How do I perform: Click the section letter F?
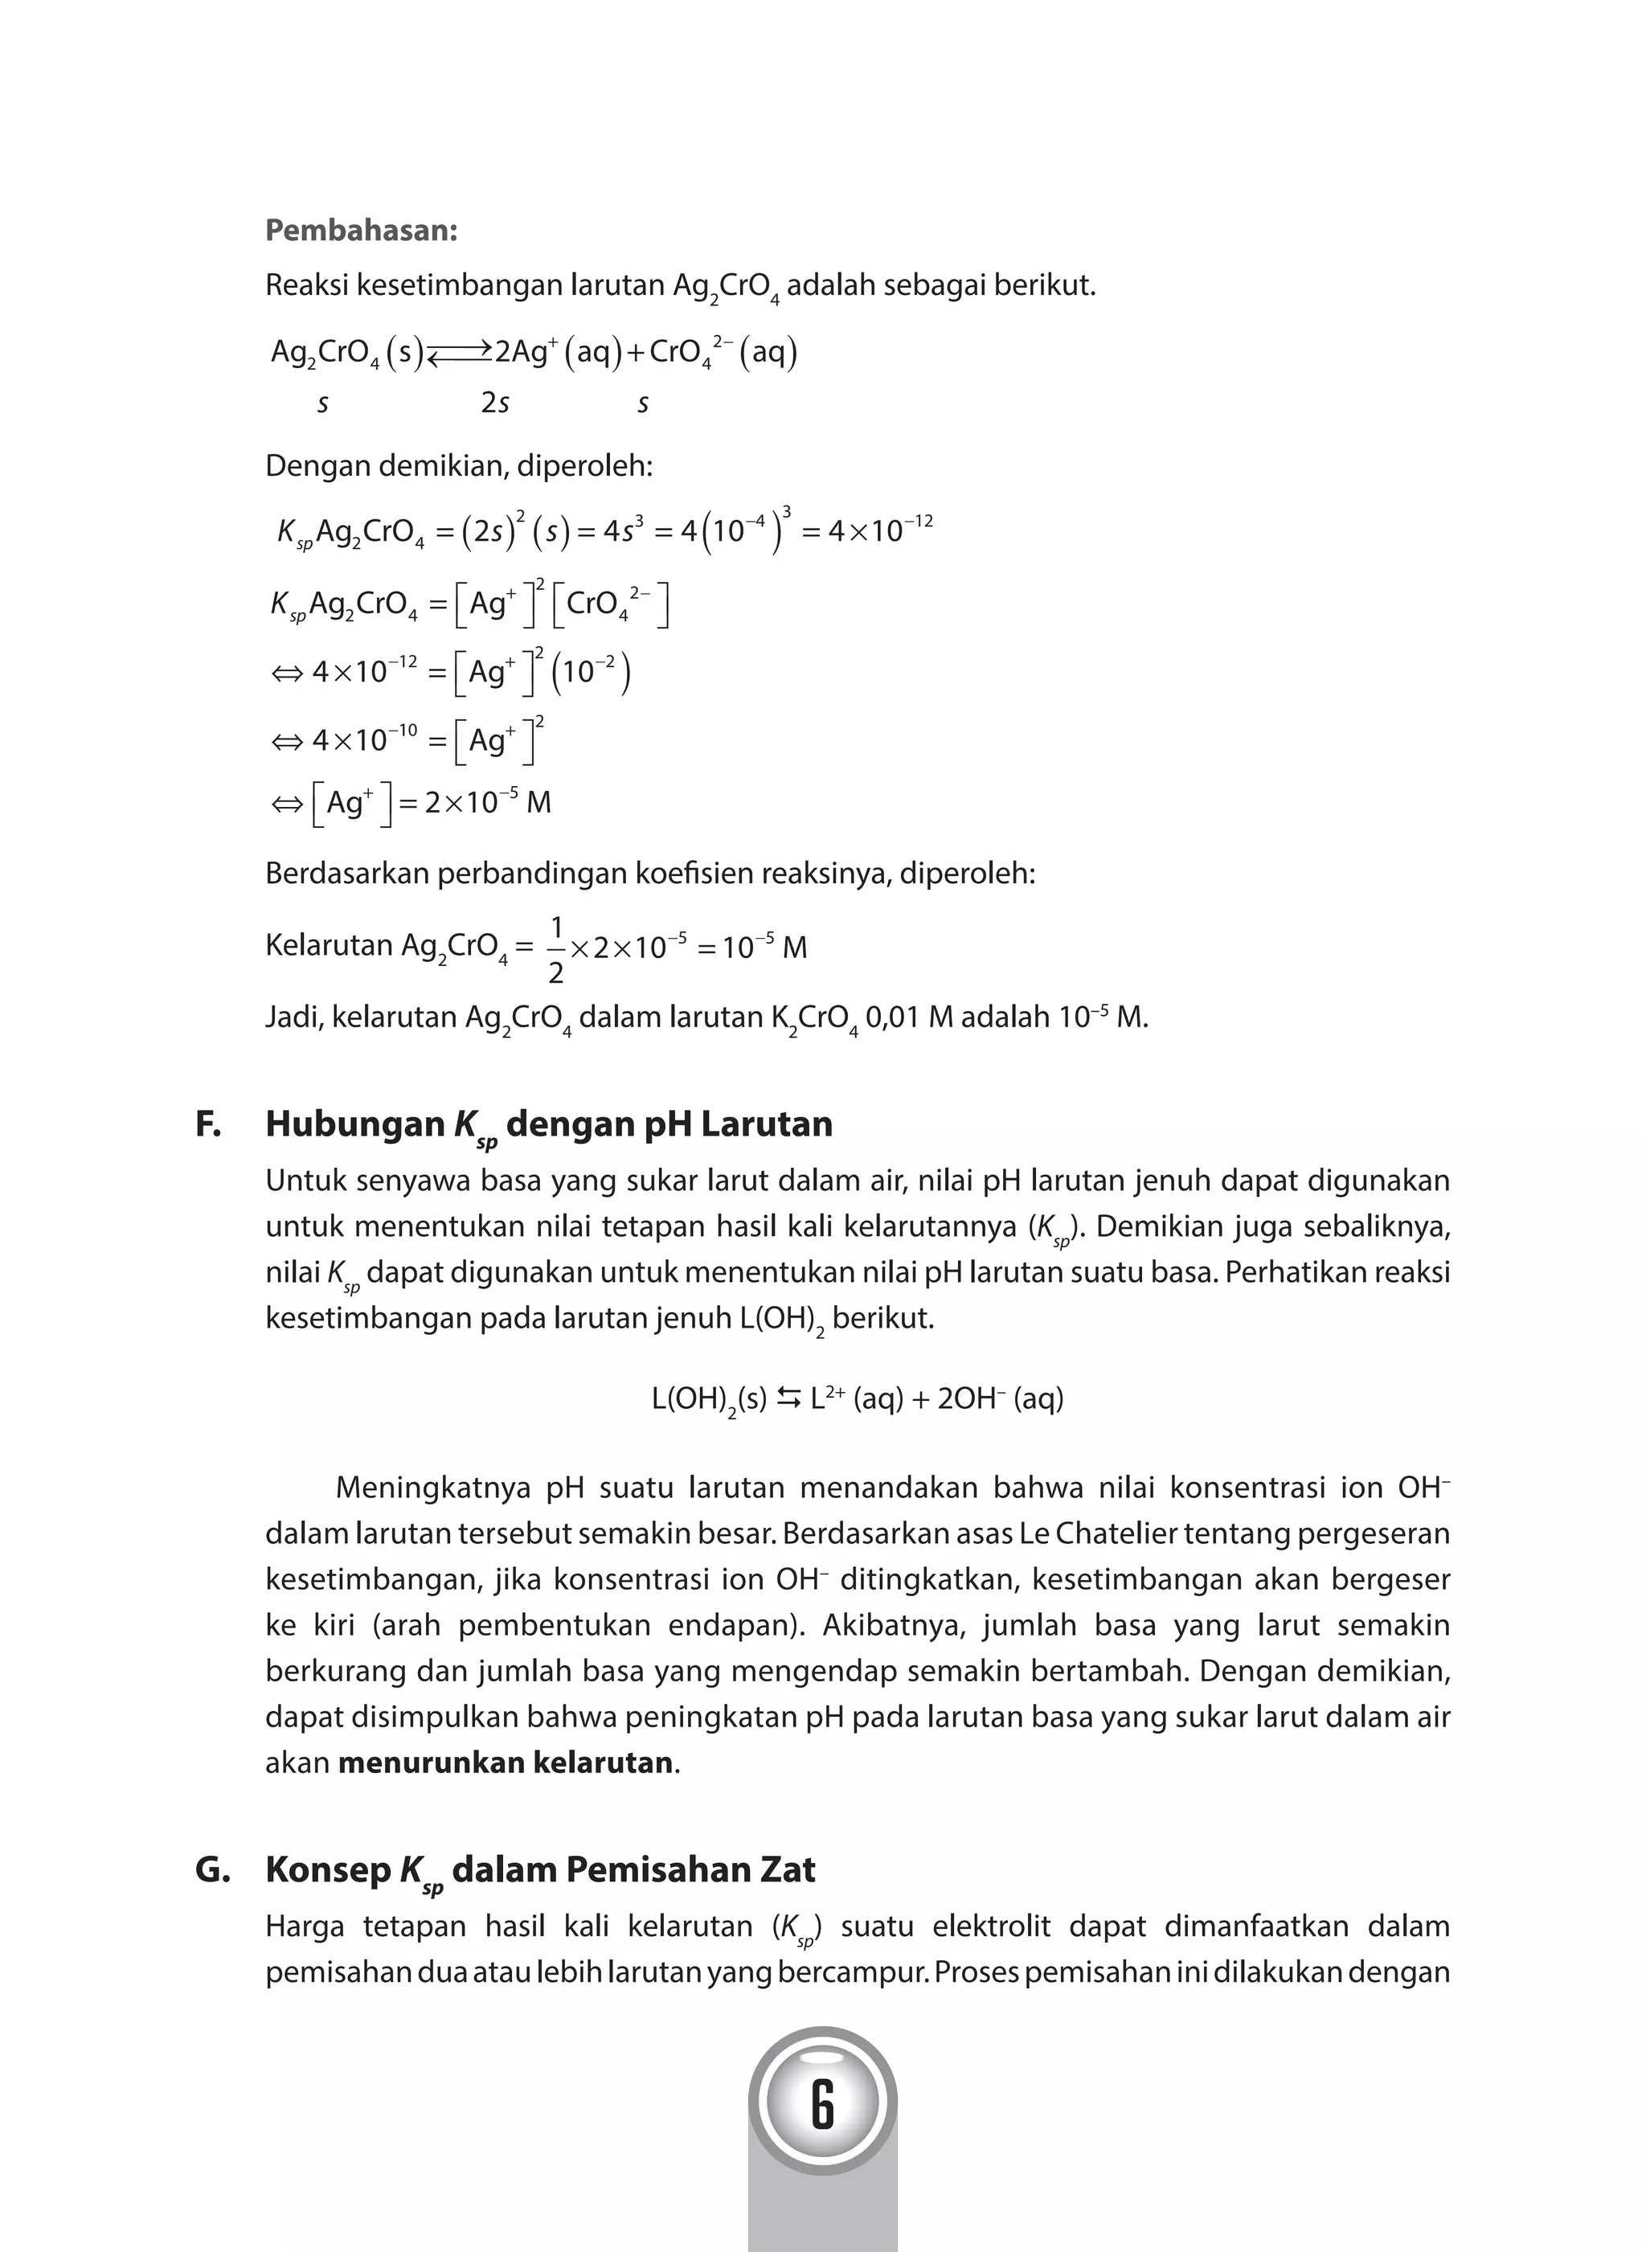[x=207, y=1124]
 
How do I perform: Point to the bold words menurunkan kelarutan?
[x=506, y=1763]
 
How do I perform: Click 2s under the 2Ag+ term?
[x=495, y=403]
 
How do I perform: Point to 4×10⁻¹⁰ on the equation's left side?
[x=362, y=740]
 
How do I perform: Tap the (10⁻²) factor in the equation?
[x=595, y=673]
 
